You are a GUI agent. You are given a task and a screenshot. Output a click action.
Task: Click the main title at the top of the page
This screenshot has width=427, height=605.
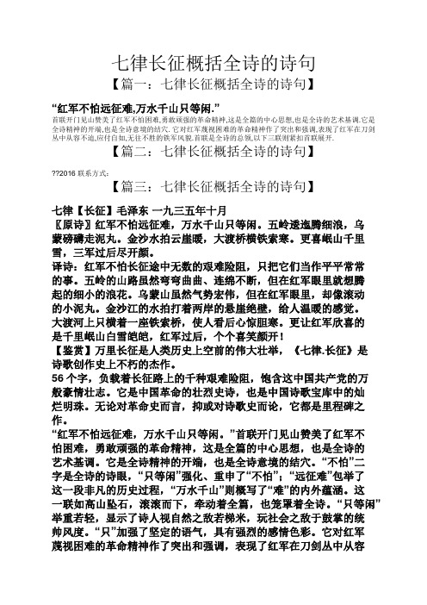point(213,61)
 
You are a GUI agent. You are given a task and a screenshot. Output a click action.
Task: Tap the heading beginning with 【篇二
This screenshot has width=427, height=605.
point(213,155)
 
